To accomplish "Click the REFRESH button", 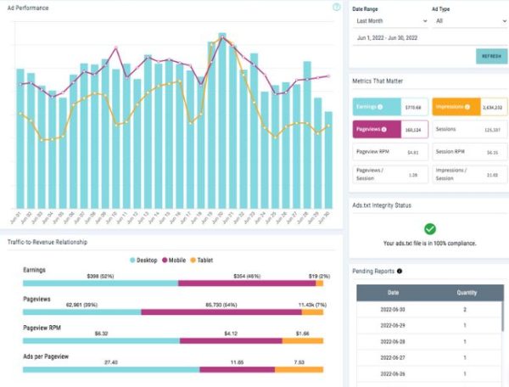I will [x=491, y=56].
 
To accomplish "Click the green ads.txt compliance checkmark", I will [x=429, y=228].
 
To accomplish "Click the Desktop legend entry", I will [x=147, y=259].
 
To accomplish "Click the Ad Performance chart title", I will [x=28, y=8].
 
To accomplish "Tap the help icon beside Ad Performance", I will [x=337, y=7].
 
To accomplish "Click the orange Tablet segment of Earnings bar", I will [x=316, y=283].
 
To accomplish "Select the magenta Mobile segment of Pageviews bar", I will [x=221, y=312].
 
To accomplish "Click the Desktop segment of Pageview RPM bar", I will [x=102, y=340].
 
